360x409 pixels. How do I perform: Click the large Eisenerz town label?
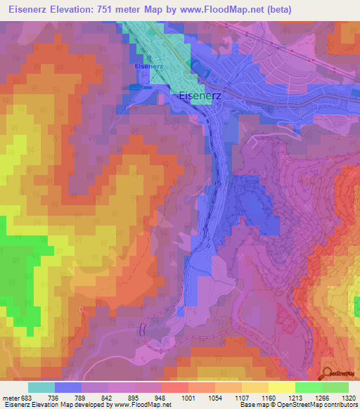point(202,97)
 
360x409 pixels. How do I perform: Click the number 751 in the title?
point(118,9)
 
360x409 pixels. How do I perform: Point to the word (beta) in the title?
point(276,9)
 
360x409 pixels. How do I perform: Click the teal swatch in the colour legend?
point(41,387)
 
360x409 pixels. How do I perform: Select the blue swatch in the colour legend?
point(68,387)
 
